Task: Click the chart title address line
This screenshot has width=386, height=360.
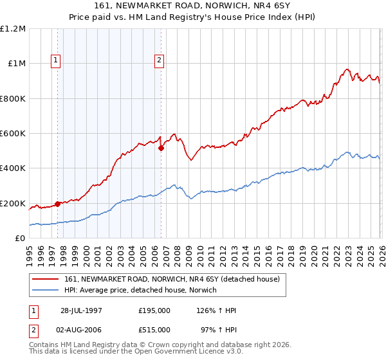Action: (192, 6)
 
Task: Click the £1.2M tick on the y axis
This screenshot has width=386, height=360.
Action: (14, 29)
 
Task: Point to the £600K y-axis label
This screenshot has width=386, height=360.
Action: (14, 134)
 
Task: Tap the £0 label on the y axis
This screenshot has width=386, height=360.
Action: (21, 239)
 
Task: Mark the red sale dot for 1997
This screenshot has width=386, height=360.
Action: (58, 204)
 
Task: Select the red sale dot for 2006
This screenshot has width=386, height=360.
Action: (161, 148)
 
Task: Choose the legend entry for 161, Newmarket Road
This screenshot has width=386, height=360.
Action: (172, 279)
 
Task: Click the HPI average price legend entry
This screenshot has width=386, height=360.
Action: (140, 290)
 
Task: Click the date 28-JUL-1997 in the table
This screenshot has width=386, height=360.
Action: (81, 310)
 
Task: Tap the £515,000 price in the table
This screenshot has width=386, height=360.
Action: (154, 330)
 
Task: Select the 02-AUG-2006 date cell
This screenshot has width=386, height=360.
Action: (81, 330)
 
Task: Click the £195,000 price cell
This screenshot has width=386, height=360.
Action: (154, 310)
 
